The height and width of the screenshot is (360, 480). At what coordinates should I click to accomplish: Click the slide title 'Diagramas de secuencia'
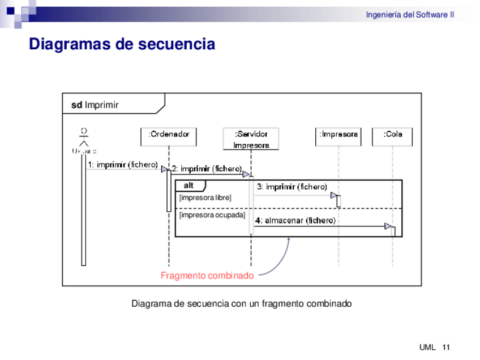coord(122,44)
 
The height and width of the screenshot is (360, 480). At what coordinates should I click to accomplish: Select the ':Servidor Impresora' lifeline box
coord(251,139)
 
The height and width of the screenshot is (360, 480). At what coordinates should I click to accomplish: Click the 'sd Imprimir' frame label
coord(95,105)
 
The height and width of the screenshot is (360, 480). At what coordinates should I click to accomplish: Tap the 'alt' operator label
coord(189,186)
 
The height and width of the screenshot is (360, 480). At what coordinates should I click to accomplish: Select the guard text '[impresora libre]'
coord(205,198)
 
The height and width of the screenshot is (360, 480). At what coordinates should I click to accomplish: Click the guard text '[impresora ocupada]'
coord(212,215)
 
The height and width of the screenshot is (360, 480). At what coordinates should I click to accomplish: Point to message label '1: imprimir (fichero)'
coord(122,165)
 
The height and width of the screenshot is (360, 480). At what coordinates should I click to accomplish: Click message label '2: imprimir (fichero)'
coord(207,169)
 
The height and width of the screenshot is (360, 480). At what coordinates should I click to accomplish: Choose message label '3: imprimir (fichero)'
coord(292,187)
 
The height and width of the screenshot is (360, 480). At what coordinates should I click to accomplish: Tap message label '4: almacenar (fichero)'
coord(295,220)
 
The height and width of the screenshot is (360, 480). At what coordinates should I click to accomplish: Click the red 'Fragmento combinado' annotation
coord(207,276)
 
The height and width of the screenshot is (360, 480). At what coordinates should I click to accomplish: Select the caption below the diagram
coord(242,303)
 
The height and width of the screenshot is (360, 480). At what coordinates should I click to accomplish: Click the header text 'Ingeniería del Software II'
coord(410,15)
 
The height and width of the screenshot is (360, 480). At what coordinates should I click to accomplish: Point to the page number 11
coord(446,347)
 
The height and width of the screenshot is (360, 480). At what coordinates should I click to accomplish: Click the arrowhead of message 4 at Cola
coord(388,226)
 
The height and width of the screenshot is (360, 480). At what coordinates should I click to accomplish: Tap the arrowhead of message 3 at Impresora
coord(334,195)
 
